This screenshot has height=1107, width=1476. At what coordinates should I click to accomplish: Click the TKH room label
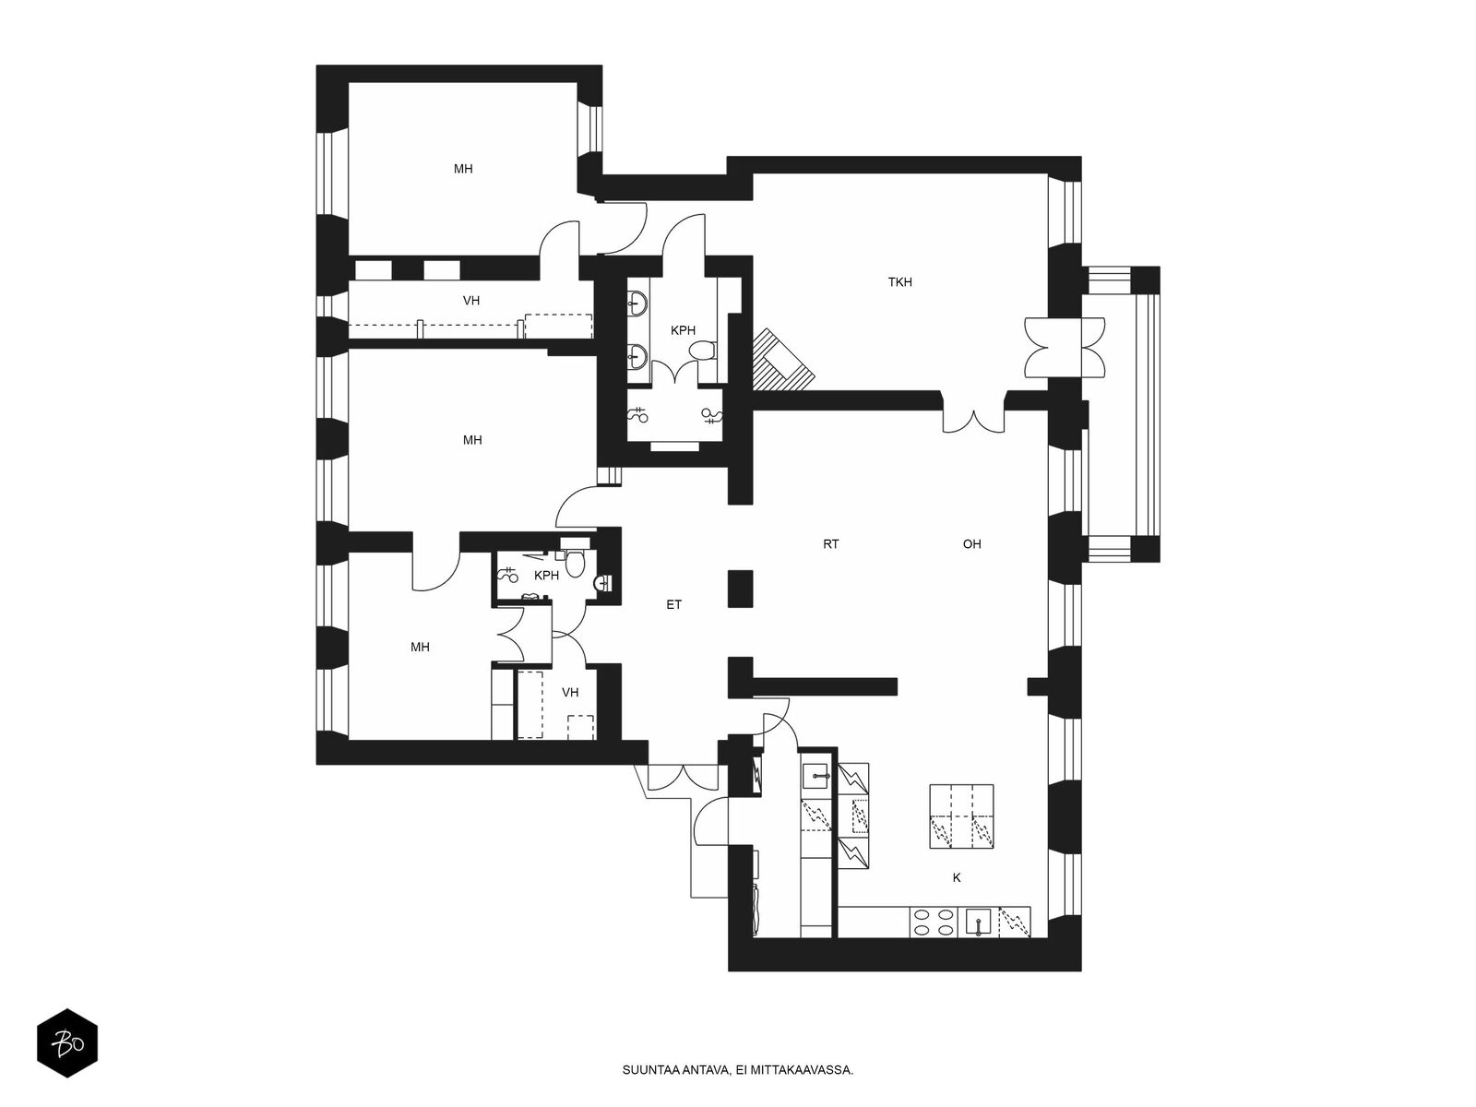pos(899,282)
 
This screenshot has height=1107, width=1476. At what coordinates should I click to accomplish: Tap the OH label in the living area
pos(971,544)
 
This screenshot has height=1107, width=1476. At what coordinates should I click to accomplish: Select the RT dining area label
pos(830,544)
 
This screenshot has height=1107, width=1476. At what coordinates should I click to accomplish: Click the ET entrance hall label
pos(673,605)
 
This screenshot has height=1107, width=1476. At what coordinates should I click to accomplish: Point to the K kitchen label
pos(957,878)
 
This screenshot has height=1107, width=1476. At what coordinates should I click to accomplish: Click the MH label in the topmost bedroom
pos(463,170)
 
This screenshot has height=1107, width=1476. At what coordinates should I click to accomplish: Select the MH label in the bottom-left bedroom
pos(420,648)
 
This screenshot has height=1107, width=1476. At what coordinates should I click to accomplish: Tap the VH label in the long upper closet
pos(471,301)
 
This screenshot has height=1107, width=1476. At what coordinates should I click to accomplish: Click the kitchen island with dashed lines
pos(961,816)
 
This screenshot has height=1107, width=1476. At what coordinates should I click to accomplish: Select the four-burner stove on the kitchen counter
pos(934,922)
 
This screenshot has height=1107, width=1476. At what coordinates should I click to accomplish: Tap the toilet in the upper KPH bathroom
pos(703,351)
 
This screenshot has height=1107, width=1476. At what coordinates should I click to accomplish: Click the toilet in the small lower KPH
pos(575,563)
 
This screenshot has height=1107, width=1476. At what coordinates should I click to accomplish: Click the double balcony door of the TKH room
pos(1064,346)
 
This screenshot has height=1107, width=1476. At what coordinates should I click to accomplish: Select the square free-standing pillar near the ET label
pos(740,589)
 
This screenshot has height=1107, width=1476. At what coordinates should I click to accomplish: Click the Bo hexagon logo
pos(66,1046)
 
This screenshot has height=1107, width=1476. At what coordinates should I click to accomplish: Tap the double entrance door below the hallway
pos(680,778)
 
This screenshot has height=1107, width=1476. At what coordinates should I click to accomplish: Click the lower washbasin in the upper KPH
pos(637,352)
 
